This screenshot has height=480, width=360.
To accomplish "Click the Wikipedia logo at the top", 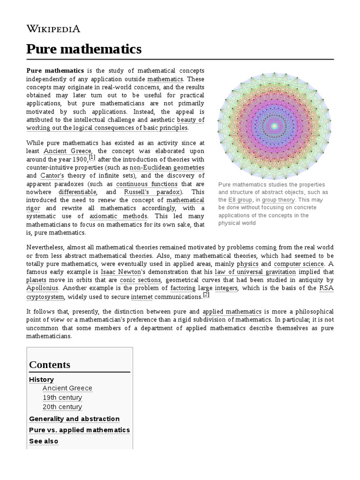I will click(53, 29).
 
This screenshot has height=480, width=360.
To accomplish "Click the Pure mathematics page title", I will click(84, 49).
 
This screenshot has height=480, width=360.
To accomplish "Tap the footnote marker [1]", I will click(92, 157).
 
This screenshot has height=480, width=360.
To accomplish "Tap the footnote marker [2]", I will click(206, 295).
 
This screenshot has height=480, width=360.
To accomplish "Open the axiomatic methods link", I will click(118, 216).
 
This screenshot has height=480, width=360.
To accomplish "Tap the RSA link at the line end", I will click(326, 288).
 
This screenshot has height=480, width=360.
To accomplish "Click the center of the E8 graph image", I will click(274, 126).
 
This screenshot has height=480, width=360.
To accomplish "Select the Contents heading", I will click(50, 365).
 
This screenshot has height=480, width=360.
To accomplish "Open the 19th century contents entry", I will click(62, 397).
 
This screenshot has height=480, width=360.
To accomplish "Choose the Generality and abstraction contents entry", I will click(74, 419).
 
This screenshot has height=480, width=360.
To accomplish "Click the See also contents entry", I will click(44, 441).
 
